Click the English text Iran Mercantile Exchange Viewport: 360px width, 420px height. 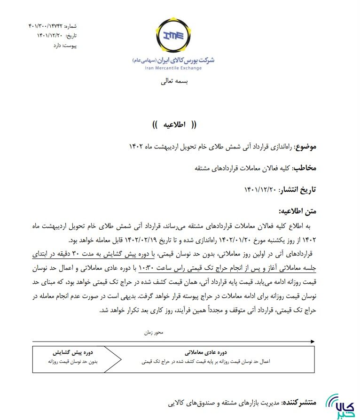(173, 68)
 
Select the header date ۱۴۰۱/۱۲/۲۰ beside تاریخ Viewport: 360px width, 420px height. (51, 36)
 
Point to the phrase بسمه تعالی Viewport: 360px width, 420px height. (174, 81)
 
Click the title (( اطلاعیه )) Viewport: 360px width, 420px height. (174, 124)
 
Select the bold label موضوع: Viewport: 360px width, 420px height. (305, 147)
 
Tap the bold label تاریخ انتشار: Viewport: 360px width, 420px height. (297, 189)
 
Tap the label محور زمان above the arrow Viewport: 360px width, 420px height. (154, 333)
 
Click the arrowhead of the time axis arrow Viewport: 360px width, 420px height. (313, 341)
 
